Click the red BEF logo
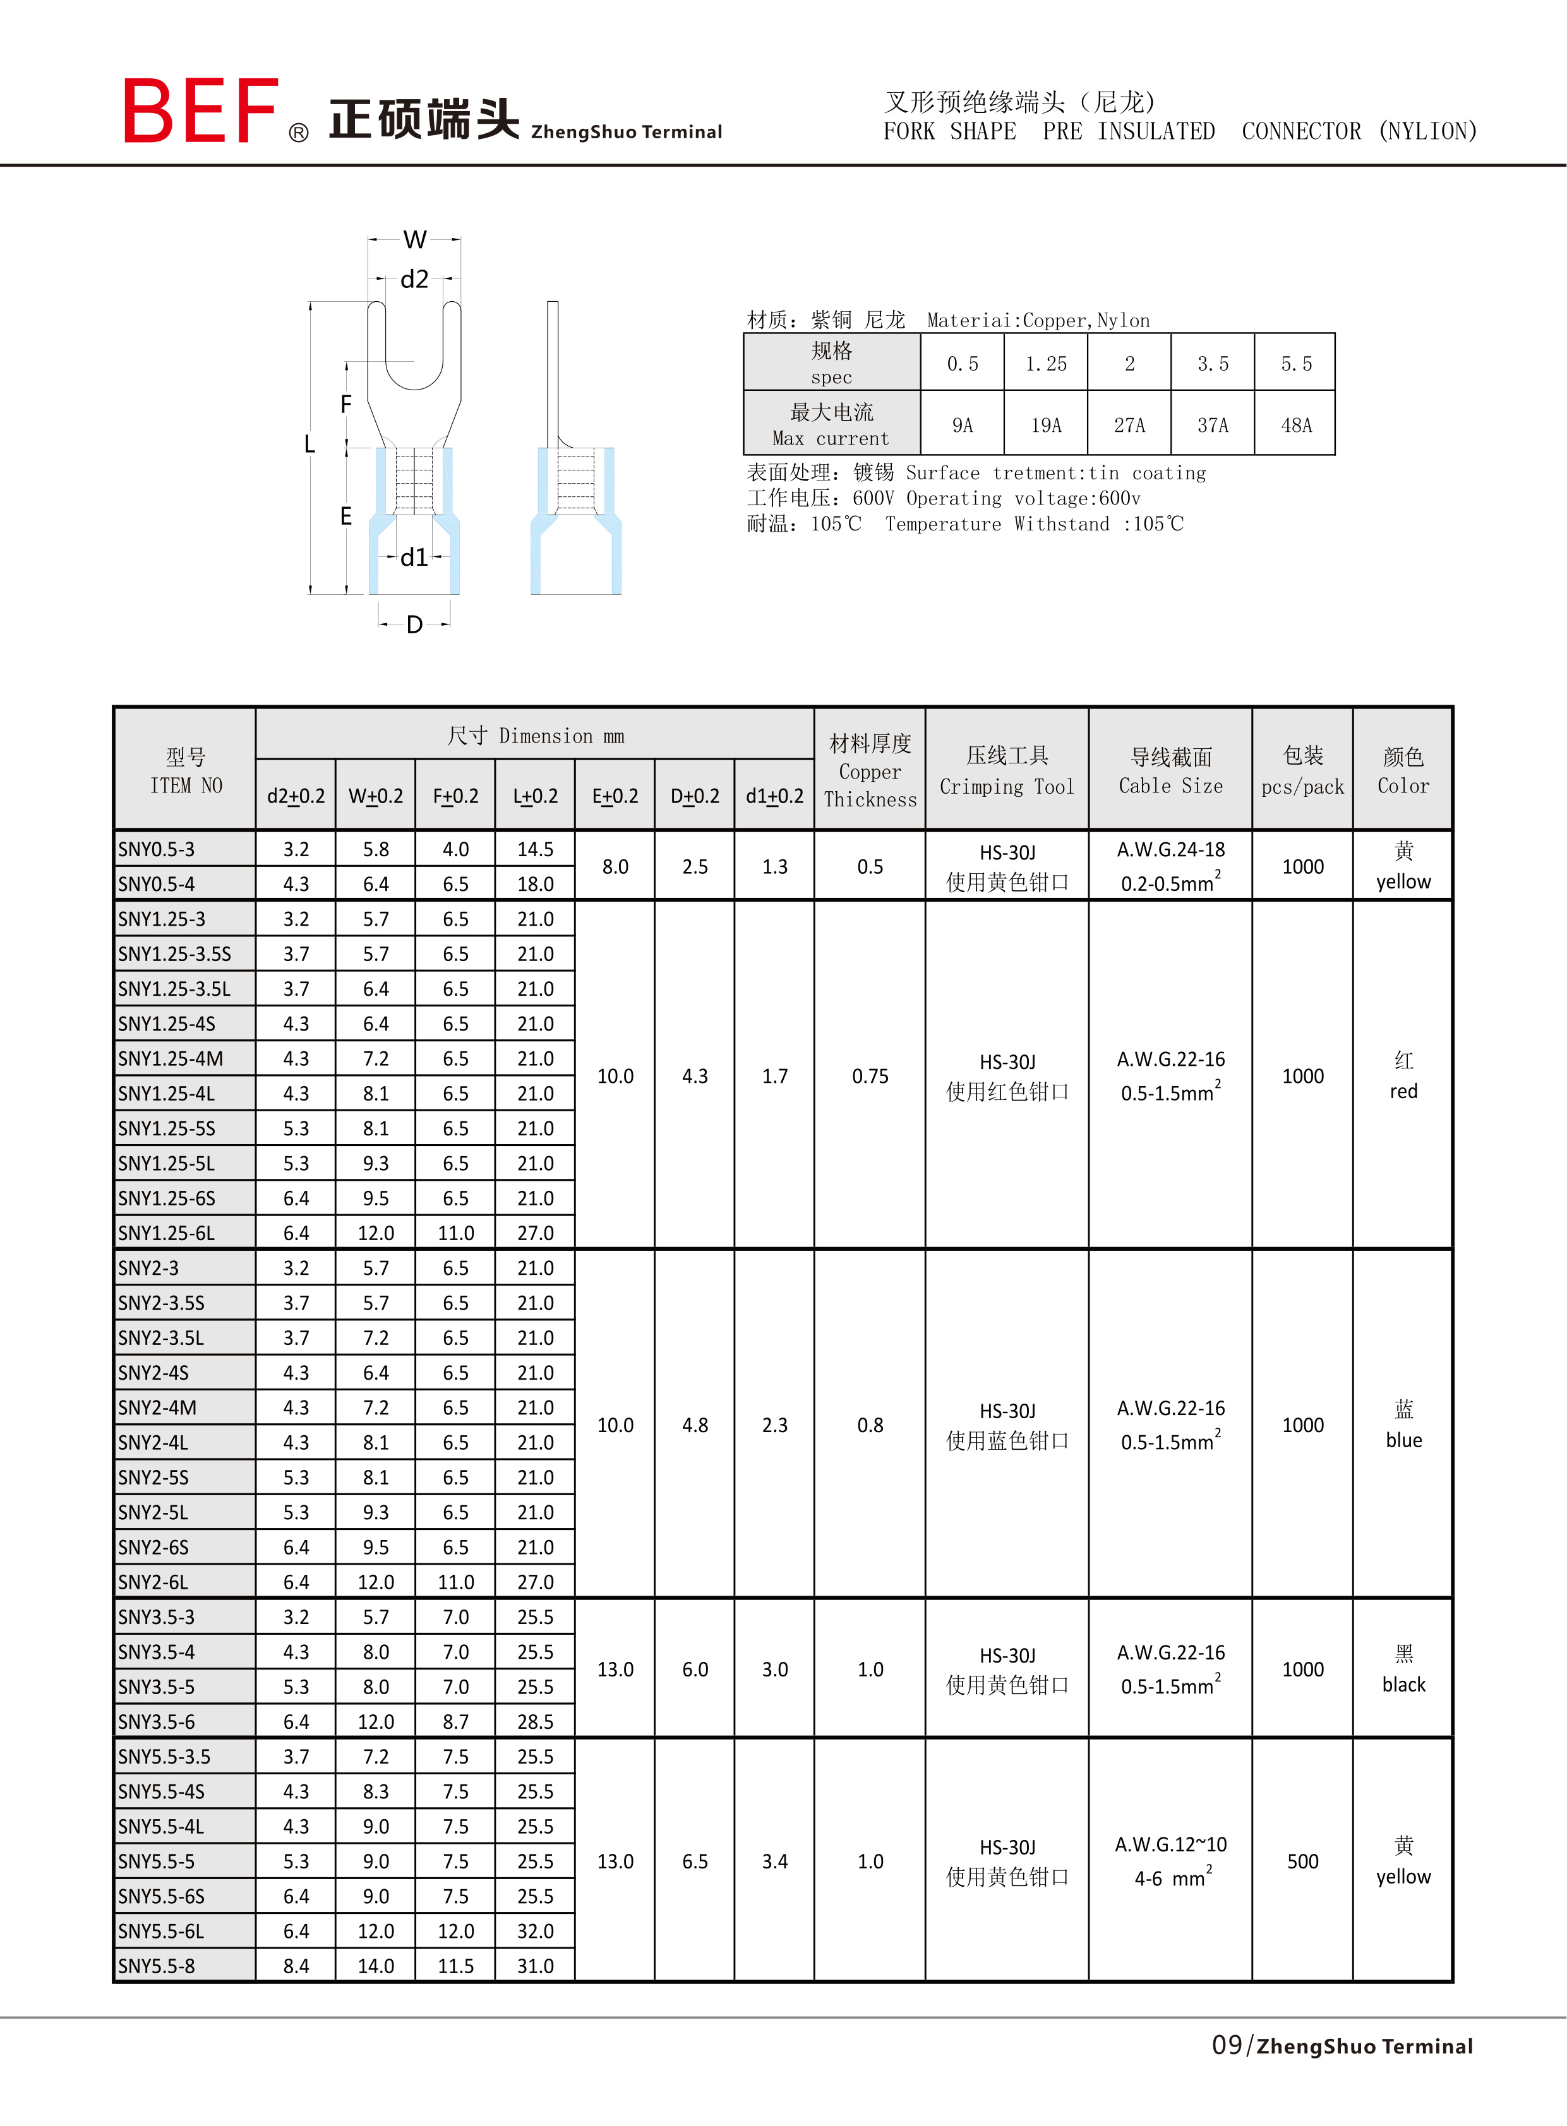pyautogui.click(x=200, y=111)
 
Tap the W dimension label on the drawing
pyautogui.click(x=414, y=240)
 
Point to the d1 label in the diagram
pyautogui.click(x=414, y=558)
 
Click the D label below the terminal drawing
pyautogui.click(x=414, y=625)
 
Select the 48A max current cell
pyautogui.click(x=1295, y=425)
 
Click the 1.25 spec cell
pyautogui.click(x=1045, y=364)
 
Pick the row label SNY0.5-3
pyautogui.click(x=157, y=850)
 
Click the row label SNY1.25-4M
pyautogui.click(x=171, y=1059)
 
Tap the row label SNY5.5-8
pyautogui.click(x=157, y=1966)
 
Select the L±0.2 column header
pyautogui.click(x=535, y=796)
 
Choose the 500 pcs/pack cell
pyautogui.click(x=1302, y=1861)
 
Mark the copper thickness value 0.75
pyautogui.click(x=870, y=1077)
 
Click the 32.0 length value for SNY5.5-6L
pyautogui.click(x=535, y=1932)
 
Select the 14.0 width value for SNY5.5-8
pyautogui.click(x=376, y=1966)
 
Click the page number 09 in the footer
pyautogui.click(x=1227, y=2045)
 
